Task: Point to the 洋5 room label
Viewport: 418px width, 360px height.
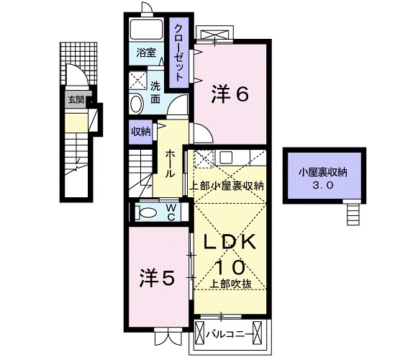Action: point(156,277)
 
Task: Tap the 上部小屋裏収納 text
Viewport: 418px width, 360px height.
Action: point(227,185)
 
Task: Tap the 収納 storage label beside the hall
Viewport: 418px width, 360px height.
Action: point(140,131)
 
